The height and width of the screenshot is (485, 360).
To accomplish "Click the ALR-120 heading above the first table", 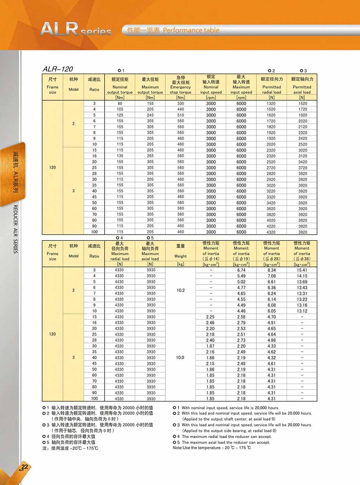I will tap(58, 69).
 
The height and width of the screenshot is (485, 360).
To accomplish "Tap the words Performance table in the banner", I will tap(191, 30).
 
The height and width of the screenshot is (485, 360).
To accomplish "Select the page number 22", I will tap(25, 467).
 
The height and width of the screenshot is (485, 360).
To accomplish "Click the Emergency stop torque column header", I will tap(180, 85).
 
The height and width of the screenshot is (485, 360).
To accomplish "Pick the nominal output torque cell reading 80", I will tap(120, 104).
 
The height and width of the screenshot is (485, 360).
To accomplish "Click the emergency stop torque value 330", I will tap(180, 104).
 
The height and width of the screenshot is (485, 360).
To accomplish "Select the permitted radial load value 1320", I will tap(271, 104).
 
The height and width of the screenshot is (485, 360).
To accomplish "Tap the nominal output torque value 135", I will tap(120, 156).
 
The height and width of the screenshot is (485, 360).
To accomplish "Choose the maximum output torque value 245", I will tap(150, 115).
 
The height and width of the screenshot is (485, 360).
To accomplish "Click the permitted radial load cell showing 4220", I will tap(271, 226).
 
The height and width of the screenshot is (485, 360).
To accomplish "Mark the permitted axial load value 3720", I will tap(303, 168).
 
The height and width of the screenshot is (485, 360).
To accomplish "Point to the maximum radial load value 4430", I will tap(119, 282).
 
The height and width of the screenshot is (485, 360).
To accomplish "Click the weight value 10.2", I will tap(180, 290).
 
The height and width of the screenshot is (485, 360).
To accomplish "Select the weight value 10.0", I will tap(180, 358).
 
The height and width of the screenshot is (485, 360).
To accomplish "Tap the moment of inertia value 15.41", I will tap(302, 270).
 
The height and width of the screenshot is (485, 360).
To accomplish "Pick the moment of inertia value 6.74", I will tap(241, 270).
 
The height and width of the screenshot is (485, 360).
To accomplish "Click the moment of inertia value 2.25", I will tap(210, 317).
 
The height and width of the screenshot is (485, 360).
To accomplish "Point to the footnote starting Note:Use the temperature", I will tap(212, 448).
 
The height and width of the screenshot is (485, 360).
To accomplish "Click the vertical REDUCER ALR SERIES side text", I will tap(15, 229).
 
